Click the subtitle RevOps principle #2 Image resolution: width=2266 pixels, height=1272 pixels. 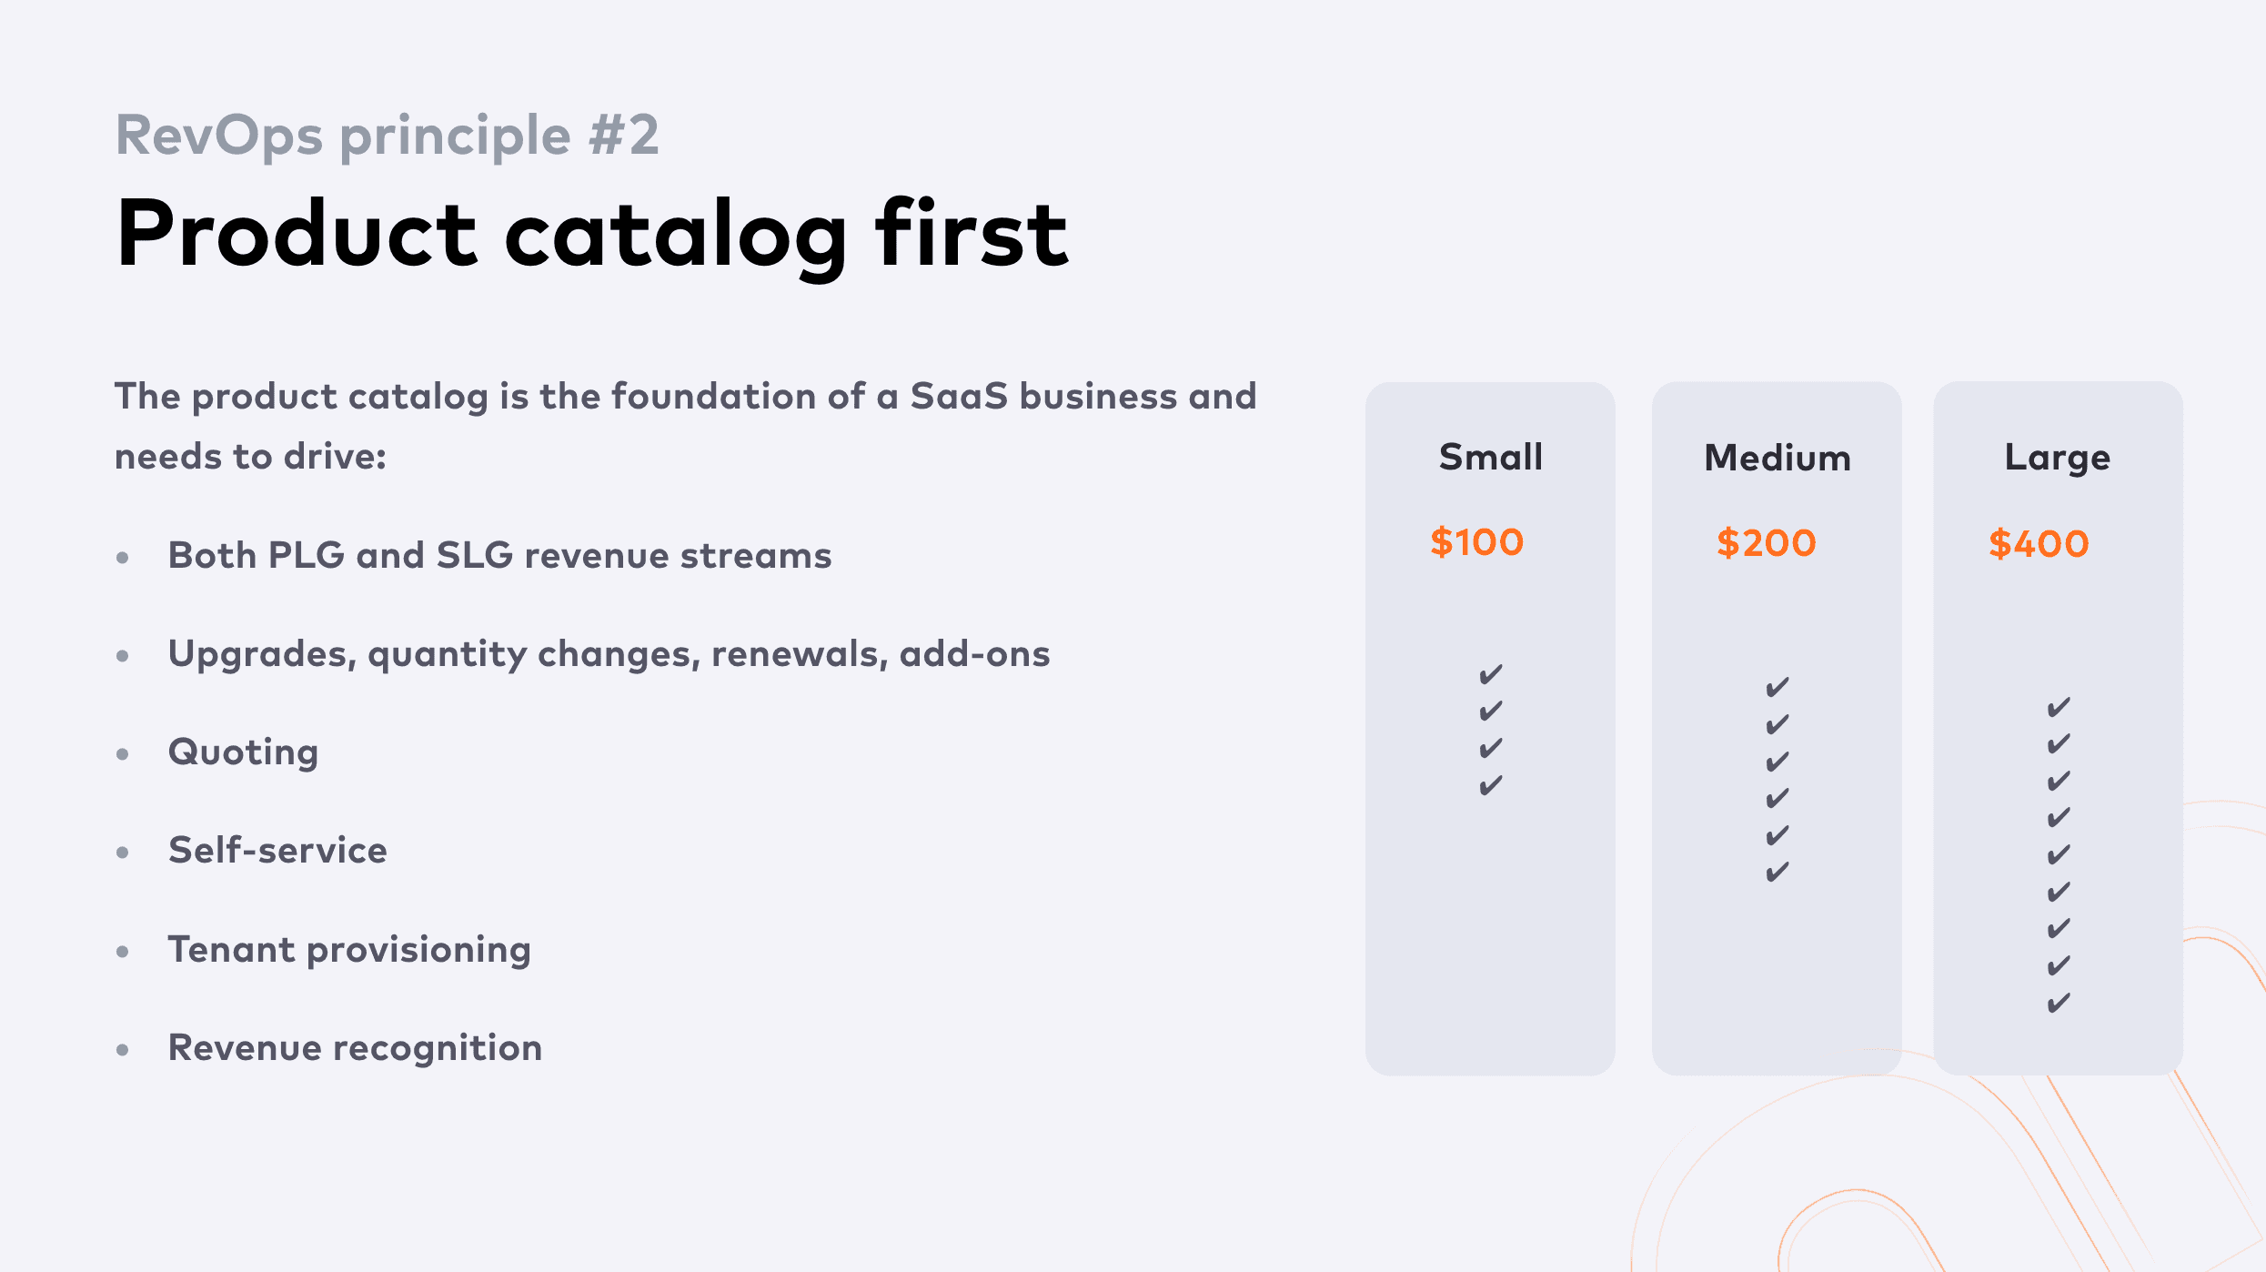coord(387,136)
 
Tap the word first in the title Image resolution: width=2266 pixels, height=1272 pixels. coord(972,233)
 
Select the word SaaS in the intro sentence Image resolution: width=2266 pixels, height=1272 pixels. coord(959,397)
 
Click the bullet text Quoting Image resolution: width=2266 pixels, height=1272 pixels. coord(244,753)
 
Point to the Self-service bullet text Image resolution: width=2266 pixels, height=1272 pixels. coord(278,851)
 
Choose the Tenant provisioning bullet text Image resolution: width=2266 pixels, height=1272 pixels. coord(349,950)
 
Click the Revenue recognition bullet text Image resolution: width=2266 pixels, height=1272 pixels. coord(356,1048)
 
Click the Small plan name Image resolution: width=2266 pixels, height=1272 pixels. coord(1491,457)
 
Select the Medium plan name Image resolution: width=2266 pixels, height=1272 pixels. coord(1778,458)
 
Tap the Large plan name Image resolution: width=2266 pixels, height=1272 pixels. coord(2058,459)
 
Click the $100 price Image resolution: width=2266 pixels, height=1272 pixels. coord(1477,542)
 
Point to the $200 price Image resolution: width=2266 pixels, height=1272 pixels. coord(1767,543)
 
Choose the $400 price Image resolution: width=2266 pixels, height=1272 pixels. coord(2039,544)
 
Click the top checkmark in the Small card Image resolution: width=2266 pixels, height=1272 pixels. coord(1491,674)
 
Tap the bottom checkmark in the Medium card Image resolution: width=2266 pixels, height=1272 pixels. coord(1778,873)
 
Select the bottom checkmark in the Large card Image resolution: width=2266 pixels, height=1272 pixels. coord(2059,1003)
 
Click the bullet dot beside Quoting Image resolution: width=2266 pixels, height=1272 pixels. coord(123,754)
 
